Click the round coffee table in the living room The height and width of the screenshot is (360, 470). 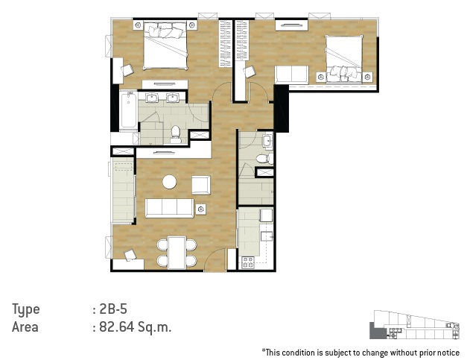169,182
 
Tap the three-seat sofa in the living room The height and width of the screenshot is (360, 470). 169,208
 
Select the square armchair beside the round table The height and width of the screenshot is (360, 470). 201,185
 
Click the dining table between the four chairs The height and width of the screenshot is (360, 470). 177,253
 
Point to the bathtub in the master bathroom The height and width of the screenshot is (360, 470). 129,110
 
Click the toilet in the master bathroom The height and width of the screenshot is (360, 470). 175,135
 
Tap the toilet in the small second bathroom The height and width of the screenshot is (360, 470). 264,159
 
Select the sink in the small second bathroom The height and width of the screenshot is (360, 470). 267,141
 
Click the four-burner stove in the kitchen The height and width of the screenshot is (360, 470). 248,262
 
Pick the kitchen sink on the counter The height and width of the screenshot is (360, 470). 267,236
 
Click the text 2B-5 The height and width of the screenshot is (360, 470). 114,309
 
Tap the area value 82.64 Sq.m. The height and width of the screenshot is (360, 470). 135,326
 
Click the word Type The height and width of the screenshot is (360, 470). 26,309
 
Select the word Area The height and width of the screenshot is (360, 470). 25,327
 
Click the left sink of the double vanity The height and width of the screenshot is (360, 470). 152,98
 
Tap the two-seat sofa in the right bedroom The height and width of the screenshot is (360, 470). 292,75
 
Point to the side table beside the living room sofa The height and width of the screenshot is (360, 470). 201,209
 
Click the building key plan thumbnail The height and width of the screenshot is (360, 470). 414,325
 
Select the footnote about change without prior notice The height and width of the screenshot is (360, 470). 361,353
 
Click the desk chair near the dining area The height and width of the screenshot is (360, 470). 130,255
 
